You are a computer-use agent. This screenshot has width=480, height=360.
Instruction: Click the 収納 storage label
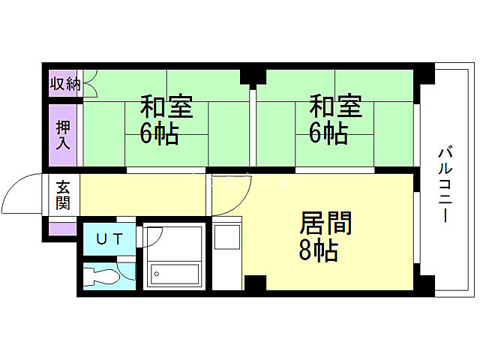click(64, 84)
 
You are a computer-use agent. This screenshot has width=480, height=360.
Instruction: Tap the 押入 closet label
click(64, 133)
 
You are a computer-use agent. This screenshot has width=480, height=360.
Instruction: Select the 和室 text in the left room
click(166, 106)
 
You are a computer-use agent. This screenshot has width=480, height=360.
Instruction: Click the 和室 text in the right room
click(336, 106)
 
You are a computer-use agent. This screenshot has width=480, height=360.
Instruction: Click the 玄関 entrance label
click(63, 195)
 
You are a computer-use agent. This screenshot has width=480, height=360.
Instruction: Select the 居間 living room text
click(325, 223)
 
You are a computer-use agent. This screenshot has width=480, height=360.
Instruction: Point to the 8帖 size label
click(318, 250)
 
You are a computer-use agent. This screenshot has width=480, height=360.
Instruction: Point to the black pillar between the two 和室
click(253, 76)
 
